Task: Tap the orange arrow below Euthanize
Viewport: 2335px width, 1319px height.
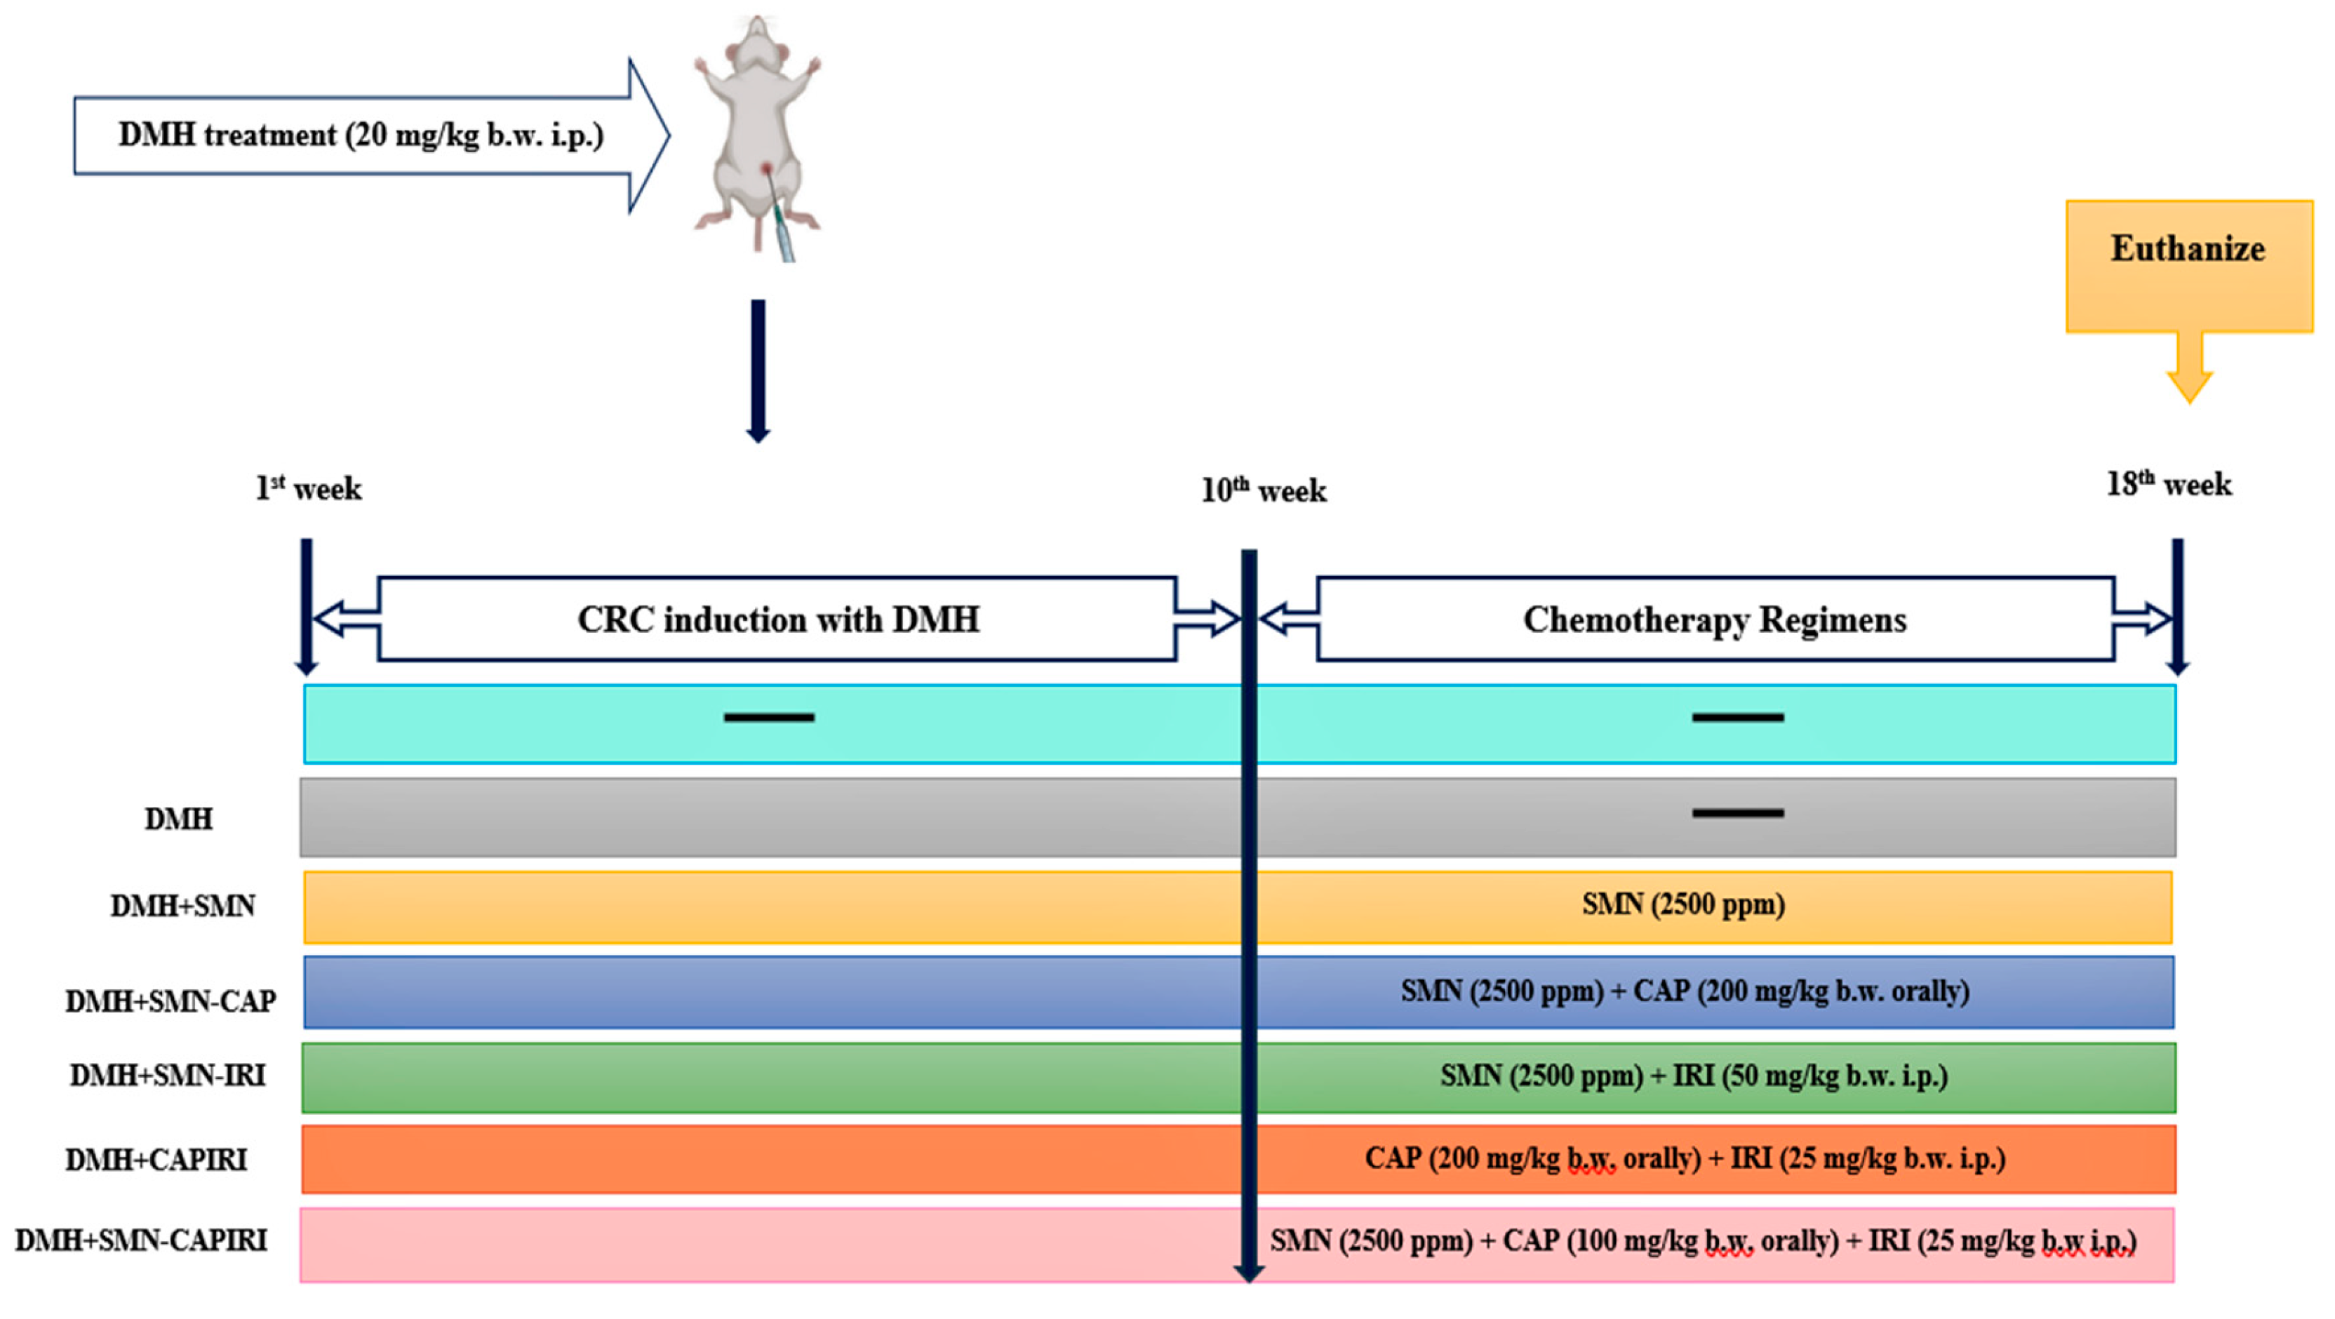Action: pos(2189,373)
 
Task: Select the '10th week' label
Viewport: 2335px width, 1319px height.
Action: pos(1264,490)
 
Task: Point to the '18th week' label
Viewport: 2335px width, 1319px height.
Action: pos(2168,484)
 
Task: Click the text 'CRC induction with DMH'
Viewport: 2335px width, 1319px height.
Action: pos(777,620)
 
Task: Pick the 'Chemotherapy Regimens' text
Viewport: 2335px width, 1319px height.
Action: pos(1714,620)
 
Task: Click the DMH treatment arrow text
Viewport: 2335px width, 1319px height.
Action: pos(361,135)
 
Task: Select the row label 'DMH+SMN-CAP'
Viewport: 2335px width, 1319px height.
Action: pos(170,1000)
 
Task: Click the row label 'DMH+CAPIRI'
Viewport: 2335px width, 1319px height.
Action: pos(156,1160)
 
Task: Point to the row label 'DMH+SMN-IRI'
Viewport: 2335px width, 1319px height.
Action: pos(168,1076)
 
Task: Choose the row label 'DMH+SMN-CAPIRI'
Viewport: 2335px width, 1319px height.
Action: pos(142,1240)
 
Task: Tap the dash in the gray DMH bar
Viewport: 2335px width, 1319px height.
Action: pos(1738,813)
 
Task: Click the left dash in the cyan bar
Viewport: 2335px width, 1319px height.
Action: pos(769,718)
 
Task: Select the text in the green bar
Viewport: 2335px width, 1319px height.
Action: pos(1693,1076)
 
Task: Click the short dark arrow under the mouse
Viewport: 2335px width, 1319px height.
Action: pos(758,372)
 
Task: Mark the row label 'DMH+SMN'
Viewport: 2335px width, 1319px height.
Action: pos(182,906)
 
